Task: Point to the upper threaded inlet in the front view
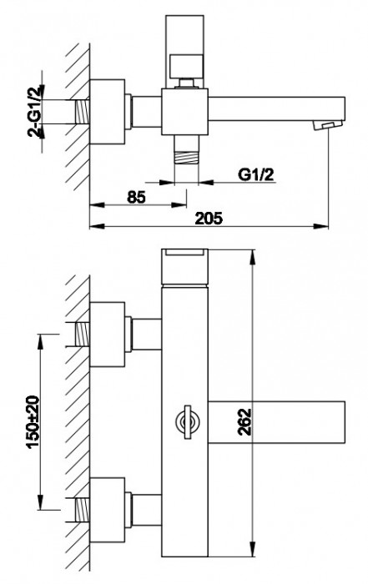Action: coord(81,331)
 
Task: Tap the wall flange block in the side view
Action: coord(107,110)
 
